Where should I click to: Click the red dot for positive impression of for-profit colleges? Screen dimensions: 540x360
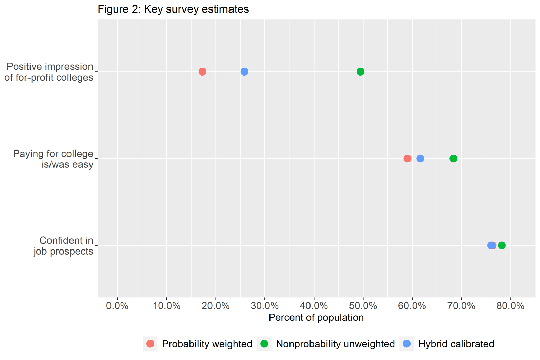click(x=202, y=72)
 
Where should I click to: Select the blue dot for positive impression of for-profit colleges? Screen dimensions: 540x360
click(x=244, y=72)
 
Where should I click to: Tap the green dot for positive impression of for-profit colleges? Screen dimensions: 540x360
click(x=360, y=72)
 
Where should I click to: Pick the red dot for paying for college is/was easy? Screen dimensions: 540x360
click(x=407, y=158)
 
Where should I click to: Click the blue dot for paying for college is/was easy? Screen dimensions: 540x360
click(x=420, y=158)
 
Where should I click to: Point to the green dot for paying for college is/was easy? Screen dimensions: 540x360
click(x=454, y=158)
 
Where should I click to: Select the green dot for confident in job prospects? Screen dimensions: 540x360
click(x=502, y=245)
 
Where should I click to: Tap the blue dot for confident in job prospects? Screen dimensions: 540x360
click(x=491, y=245)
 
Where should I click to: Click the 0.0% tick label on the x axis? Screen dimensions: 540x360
click(x=117, y=306)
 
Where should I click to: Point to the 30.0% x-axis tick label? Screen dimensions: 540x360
click(x=265, y=306)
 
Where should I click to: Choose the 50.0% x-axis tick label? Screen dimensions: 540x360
click(x=363, y=306)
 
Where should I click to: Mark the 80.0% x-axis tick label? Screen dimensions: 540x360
click(x=511, y=306)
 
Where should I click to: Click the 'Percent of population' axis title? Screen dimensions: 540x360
click(x=316, y=318)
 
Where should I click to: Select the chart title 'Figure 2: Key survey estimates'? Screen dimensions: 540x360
click(x=173, y=9)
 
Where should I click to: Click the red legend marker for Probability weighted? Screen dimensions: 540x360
click(x=151, y=344)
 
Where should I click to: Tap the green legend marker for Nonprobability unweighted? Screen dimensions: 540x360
click(x=264, y=344)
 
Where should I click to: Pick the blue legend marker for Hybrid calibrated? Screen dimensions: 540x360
click(x=407, y=344)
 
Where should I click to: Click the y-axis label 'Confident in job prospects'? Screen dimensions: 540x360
click(x=63, y=246)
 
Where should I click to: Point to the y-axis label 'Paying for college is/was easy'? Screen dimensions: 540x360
click(x=53, y=159)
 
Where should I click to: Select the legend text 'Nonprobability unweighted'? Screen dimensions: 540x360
click(x=335, y=344)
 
